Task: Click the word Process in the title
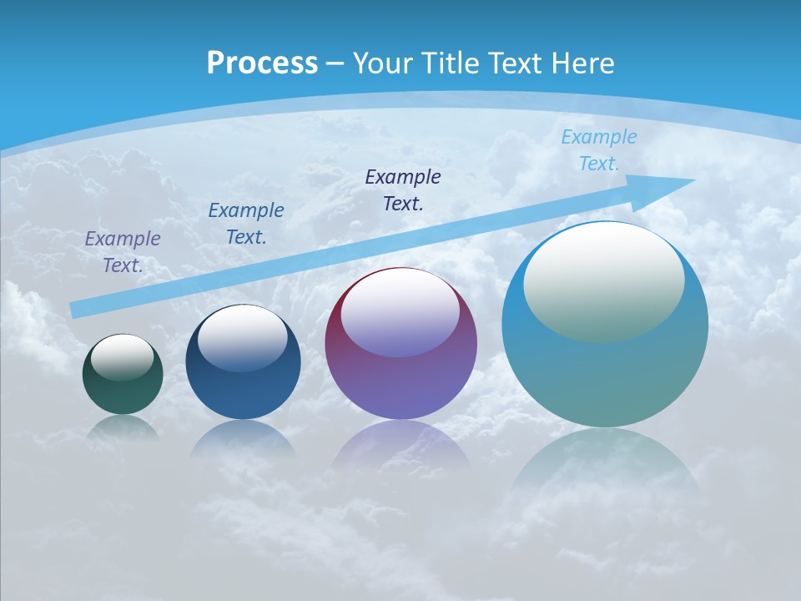coord(262,63)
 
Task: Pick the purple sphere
coord(401,384)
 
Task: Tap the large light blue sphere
coord(605,376)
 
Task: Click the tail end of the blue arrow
coord(75,310)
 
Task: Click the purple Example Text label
coord(123,251)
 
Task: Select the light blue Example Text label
coord(598,150)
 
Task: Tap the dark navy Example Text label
coord(403,189)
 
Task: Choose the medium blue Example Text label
coord(246,223)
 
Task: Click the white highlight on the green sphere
coord(123,356)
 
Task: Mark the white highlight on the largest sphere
coord(603,281)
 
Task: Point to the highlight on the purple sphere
coord(400,313)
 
